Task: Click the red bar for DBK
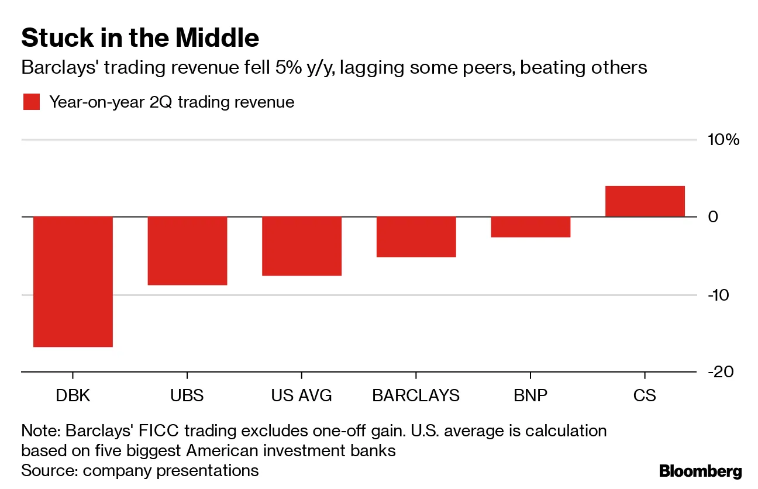click(73, 281)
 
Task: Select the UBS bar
click(187, 250)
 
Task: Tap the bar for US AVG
click(301, 246)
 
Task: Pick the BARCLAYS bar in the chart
click(416, 236)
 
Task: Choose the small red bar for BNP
click(530, 227)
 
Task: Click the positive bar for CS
click(645, 202)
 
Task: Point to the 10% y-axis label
click(723, 140)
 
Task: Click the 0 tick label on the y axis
click(714, 217)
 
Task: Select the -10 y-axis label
click(719, 295)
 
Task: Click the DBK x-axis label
click(73, 395)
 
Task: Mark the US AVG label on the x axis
click(301, 395)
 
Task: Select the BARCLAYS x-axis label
click(416, 395)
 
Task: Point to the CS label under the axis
click(645, 395)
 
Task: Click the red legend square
click(32, 102)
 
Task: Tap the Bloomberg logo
click(700, 471)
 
